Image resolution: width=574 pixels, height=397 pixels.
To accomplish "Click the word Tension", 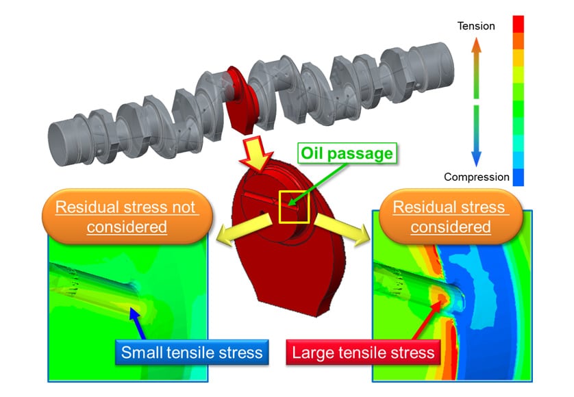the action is click(x=476, y=26).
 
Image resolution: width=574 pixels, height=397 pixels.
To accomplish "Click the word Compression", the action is click(x=476, y=177).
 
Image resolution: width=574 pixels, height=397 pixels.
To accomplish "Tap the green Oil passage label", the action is click(x=347, y=153).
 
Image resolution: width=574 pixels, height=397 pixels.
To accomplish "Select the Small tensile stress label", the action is click(x=192, y=353).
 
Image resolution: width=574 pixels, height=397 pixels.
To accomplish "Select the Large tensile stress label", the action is click(x=363, y=353).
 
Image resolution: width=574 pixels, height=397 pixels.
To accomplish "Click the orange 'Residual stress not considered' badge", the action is click(x=127, y=216).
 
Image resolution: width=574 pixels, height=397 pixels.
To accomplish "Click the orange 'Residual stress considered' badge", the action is click(x=451, y=216).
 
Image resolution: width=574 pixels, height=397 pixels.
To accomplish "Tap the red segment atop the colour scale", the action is click(x=518, y=24).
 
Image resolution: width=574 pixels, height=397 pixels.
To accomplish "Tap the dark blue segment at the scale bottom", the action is click(x=518, y=177).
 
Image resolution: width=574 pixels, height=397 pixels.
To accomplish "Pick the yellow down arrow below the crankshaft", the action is click(x=257, y=153).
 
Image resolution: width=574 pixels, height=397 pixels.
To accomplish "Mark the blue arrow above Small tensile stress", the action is click(x=136, y=324).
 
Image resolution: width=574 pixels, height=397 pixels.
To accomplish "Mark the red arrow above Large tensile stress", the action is click(x=427, y=320).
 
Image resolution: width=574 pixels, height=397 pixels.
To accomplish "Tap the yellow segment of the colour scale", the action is click(x=518, y=57).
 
